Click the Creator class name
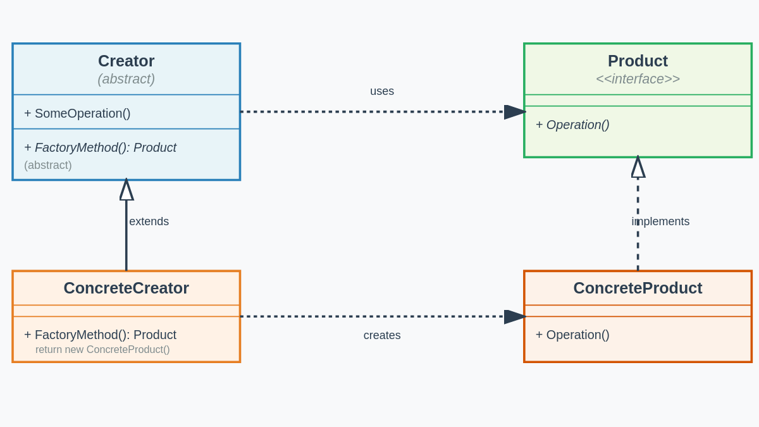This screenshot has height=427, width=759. [126, 61]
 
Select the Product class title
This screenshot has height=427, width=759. [638, 61]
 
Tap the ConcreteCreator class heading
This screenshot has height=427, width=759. [126, 288]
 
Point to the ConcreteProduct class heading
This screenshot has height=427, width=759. [638, 288]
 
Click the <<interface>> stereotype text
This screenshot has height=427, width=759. [638, 79]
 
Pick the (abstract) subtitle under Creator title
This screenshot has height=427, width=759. [126, 79]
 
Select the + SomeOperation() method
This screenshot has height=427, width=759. [77, 113]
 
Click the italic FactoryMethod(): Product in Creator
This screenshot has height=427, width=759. [100, 147]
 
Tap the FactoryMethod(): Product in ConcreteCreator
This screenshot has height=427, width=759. [100, 335]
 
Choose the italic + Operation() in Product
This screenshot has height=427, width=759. [572, 125]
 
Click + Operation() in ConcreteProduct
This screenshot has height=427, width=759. [572, 335]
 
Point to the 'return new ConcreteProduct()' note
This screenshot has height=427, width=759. [102, 350]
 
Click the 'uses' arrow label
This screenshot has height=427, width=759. [382, 91]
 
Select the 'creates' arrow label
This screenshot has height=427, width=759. [382, 335]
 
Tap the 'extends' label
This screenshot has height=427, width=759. [149, 221]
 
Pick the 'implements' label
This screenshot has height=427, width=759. [660, 221]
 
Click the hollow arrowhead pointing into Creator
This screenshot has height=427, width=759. [126, 190]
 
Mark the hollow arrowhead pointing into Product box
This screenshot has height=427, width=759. [638, 168]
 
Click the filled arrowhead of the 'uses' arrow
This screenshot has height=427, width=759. [514, 112]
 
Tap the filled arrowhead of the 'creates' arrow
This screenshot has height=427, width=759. [514, 317]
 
